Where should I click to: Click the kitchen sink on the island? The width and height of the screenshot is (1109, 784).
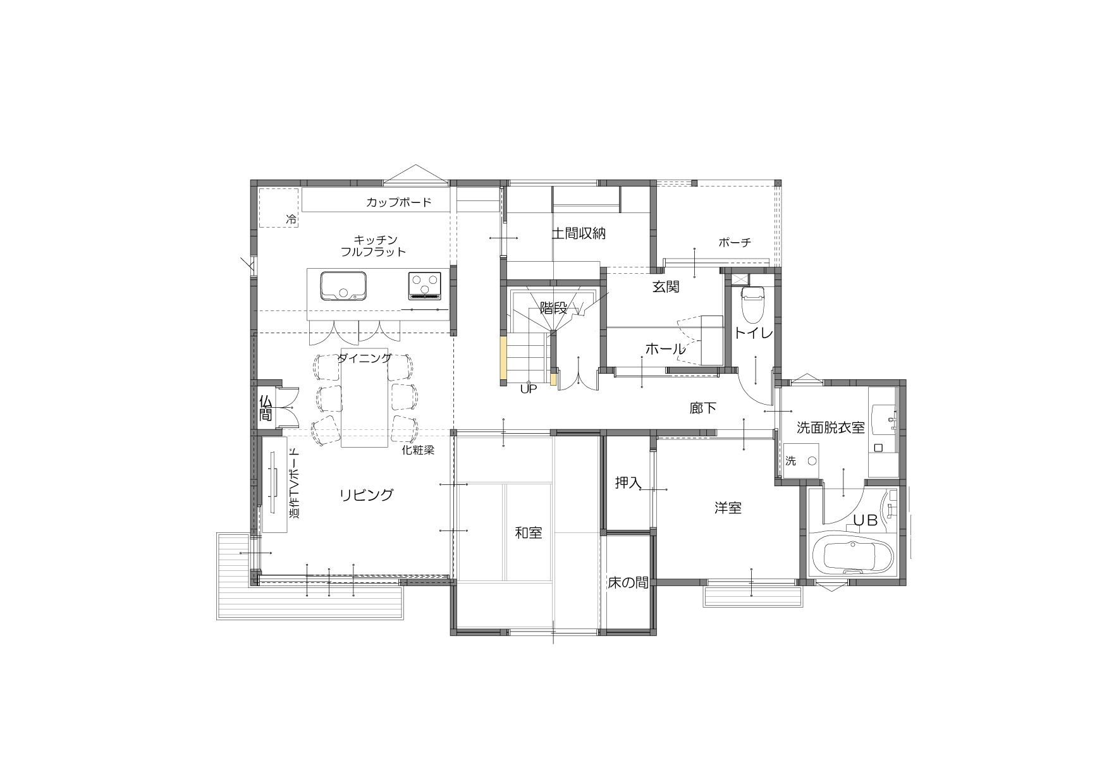coord(343,286)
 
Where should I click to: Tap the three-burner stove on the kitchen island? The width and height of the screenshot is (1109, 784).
coord(424,285)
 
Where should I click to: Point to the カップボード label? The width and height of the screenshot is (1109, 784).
coord(398,202)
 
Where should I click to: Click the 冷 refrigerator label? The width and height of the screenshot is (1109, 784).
coord(291,220)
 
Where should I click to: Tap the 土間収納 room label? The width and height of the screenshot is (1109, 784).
coord(579,233)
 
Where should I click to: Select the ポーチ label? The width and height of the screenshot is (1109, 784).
coord(735,242)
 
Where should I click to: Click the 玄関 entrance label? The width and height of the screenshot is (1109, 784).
coord(666,286)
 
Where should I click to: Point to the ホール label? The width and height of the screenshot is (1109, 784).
coord(665,348)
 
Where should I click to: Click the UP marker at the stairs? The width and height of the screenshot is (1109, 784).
coord(528,389)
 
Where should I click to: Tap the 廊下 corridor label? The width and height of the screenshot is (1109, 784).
coord(703,408)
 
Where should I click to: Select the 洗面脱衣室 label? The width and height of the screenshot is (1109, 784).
coord(830,427)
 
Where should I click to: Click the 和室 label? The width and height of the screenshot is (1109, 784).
coord(529,533)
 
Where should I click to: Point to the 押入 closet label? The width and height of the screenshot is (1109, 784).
coord(628,483)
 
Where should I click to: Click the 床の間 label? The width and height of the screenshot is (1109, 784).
coord(628,582)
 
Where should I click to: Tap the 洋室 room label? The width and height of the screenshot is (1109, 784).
coord(728,508)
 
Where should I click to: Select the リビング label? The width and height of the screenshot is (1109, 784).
coord(367,495)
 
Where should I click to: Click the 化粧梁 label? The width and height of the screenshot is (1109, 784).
coord(418,450)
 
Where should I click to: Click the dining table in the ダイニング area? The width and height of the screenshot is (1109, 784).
coord(365,398)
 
